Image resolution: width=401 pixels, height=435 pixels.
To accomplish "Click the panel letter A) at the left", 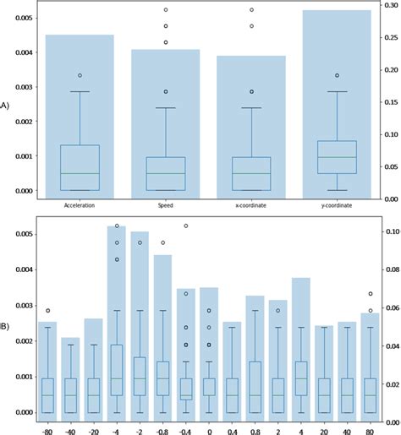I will coord(4,106).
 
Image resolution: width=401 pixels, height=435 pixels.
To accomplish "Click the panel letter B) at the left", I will coord(4,322).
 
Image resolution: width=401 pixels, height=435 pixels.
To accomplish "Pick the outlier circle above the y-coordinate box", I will coord(337,76).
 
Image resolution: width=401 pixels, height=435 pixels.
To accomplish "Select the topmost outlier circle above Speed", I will coord(165,10).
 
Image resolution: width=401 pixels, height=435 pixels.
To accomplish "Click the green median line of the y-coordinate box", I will coord(337,157).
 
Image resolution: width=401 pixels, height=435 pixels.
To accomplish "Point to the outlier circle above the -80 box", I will coord(48,311).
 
